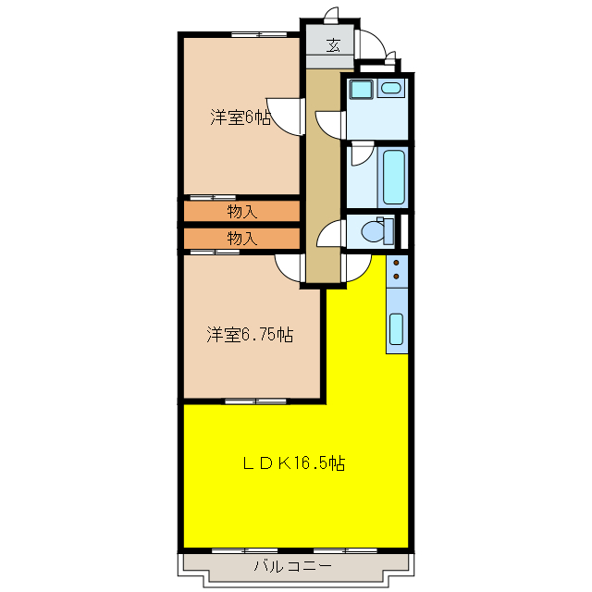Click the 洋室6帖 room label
click(240, 117)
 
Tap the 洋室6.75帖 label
click(250, 335)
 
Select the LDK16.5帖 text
click(294, 463)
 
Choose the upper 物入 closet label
click(241, 211)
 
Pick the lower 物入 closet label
click(241, 239)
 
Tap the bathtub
click(393, 177)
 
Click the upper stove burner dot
click(397, 263)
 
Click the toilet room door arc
click(329, 236)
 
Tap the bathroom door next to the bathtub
click(361, 153)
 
